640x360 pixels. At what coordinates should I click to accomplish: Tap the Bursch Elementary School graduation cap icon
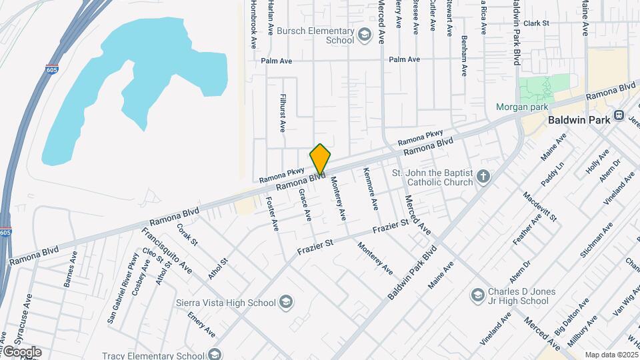pos(365,35)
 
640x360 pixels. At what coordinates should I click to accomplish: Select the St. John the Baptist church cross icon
pos(484,177)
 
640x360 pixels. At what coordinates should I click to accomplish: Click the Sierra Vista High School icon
pos(286,303)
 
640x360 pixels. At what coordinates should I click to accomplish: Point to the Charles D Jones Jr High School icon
pos(477,295)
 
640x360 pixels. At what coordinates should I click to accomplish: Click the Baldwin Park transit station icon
pos(619,115)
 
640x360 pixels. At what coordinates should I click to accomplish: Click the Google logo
pos(22,352)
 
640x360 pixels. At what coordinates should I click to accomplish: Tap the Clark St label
pos(536,23)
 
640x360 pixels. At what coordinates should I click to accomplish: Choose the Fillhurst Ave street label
pos(283,112)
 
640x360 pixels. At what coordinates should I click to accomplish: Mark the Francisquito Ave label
pos(167,250)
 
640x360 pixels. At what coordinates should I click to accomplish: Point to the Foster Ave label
pos(271,213)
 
